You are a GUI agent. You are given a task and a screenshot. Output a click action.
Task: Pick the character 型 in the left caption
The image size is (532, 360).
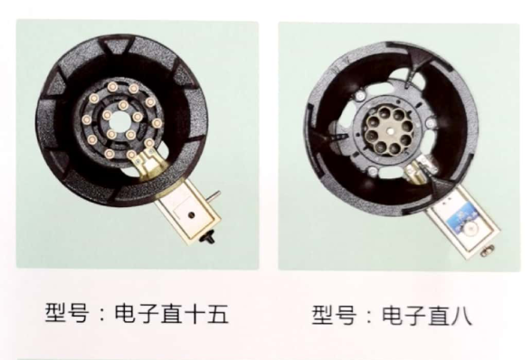[56, 312]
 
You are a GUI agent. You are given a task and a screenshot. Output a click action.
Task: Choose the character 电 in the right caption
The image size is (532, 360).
[393, 315]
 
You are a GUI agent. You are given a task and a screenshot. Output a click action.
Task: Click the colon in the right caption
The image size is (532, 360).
[369, 317]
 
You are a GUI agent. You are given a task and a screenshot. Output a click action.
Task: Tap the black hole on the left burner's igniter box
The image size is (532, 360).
[192, 214]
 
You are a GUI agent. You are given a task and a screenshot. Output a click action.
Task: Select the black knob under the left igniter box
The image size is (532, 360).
[208, 237]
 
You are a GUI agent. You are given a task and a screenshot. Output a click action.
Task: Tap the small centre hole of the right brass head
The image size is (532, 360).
[392, 130]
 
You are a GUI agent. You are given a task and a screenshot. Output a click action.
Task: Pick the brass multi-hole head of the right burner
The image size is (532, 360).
[390, 130]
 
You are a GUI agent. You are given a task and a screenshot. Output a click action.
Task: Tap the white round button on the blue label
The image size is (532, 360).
[470, 231]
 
